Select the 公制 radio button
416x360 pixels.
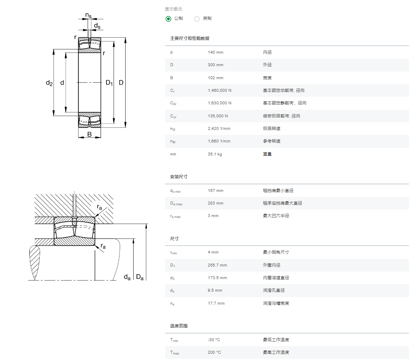(x=168, y=19)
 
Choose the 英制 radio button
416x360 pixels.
(x=197, y=19)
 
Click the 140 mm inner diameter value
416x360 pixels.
(x=215, y=52)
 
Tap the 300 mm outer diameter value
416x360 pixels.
(x=215, y=65)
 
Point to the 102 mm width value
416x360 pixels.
(x=215, y=78)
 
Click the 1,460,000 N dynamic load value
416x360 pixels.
(x=220, y=91)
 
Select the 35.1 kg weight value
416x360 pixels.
(x=214, y=154)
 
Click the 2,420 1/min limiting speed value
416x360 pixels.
(x=219, y=129)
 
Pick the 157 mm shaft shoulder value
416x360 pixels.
(x=215, y=191)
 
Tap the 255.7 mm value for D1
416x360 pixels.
(x=217, y=265)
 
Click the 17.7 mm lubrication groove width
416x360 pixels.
(x=216, y=303)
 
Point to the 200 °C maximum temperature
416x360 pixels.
(x=214, y=352)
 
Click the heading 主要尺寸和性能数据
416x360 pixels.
(x=190, y=39)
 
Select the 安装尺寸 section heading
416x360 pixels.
(x=178, y=176)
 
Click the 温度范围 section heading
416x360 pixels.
(x=178, y=326)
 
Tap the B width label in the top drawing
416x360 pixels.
(x=89, y=135)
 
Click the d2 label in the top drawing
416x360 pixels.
(x=49, y=83)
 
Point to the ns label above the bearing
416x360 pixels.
(x=88, y=16)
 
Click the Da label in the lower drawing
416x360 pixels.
(x=140, y=277)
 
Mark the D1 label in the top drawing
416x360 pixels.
(x=109, y=83)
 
